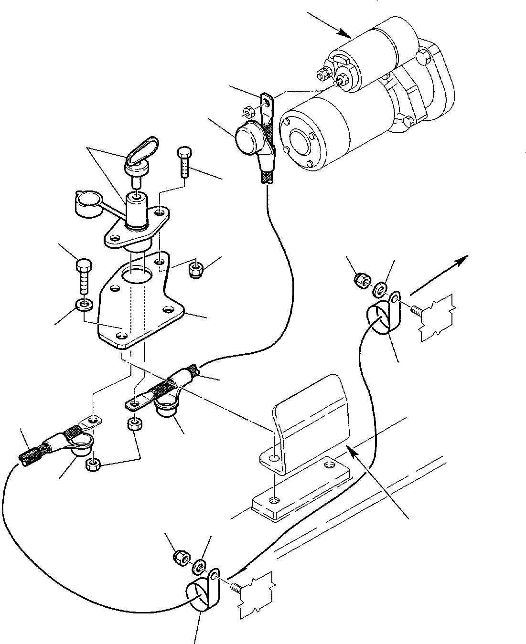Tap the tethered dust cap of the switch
[85, 203]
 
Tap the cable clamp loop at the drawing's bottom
[197, 596]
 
